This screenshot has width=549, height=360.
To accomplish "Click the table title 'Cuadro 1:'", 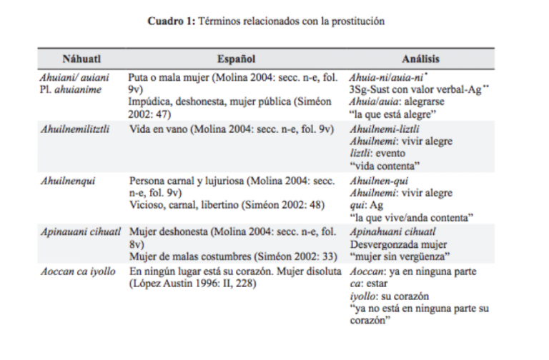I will (x=170, y=21).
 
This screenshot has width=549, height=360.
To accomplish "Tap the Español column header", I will (x=236, y=59).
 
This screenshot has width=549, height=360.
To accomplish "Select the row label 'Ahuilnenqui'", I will (x=63, y=182).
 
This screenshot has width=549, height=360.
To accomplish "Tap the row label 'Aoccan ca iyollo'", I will (x=76, y=271).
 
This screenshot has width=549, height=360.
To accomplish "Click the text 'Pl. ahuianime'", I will (x=69, y=89).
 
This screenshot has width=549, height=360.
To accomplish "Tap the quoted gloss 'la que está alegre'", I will (x=390, y=114).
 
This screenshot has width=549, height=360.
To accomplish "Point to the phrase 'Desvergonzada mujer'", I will (x=394, y=244).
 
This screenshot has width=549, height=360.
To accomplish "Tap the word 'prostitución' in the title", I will (x=358, y=21).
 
